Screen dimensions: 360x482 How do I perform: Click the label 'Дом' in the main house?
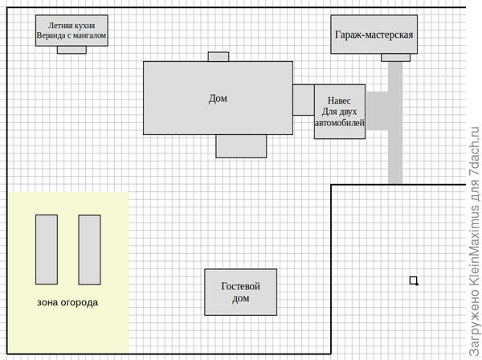218,99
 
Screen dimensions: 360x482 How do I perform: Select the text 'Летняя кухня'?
71,26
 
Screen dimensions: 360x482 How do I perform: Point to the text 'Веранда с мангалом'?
71,36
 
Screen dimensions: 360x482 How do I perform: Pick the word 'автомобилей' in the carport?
340,124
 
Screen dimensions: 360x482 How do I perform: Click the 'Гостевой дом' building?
241,292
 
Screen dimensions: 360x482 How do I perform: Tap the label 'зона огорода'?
68,303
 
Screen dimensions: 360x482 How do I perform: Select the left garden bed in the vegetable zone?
47,249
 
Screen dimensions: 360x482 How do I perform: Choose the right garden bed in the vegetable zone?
89,249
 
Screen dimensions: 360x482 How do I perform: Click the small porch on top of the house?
219,57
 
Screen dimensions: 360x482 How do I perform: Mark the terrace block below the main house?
241,145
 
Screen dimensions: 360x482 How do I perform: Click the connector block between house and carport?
303,100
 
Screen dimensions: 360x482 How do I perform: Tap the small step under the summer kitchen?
71,50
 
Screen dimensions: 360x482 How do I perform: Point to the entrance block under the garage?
395,57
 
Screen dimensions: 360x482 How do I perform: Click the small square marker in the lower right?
414,280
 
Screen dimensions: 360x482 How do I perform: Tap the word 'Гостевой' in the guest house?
241,286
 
